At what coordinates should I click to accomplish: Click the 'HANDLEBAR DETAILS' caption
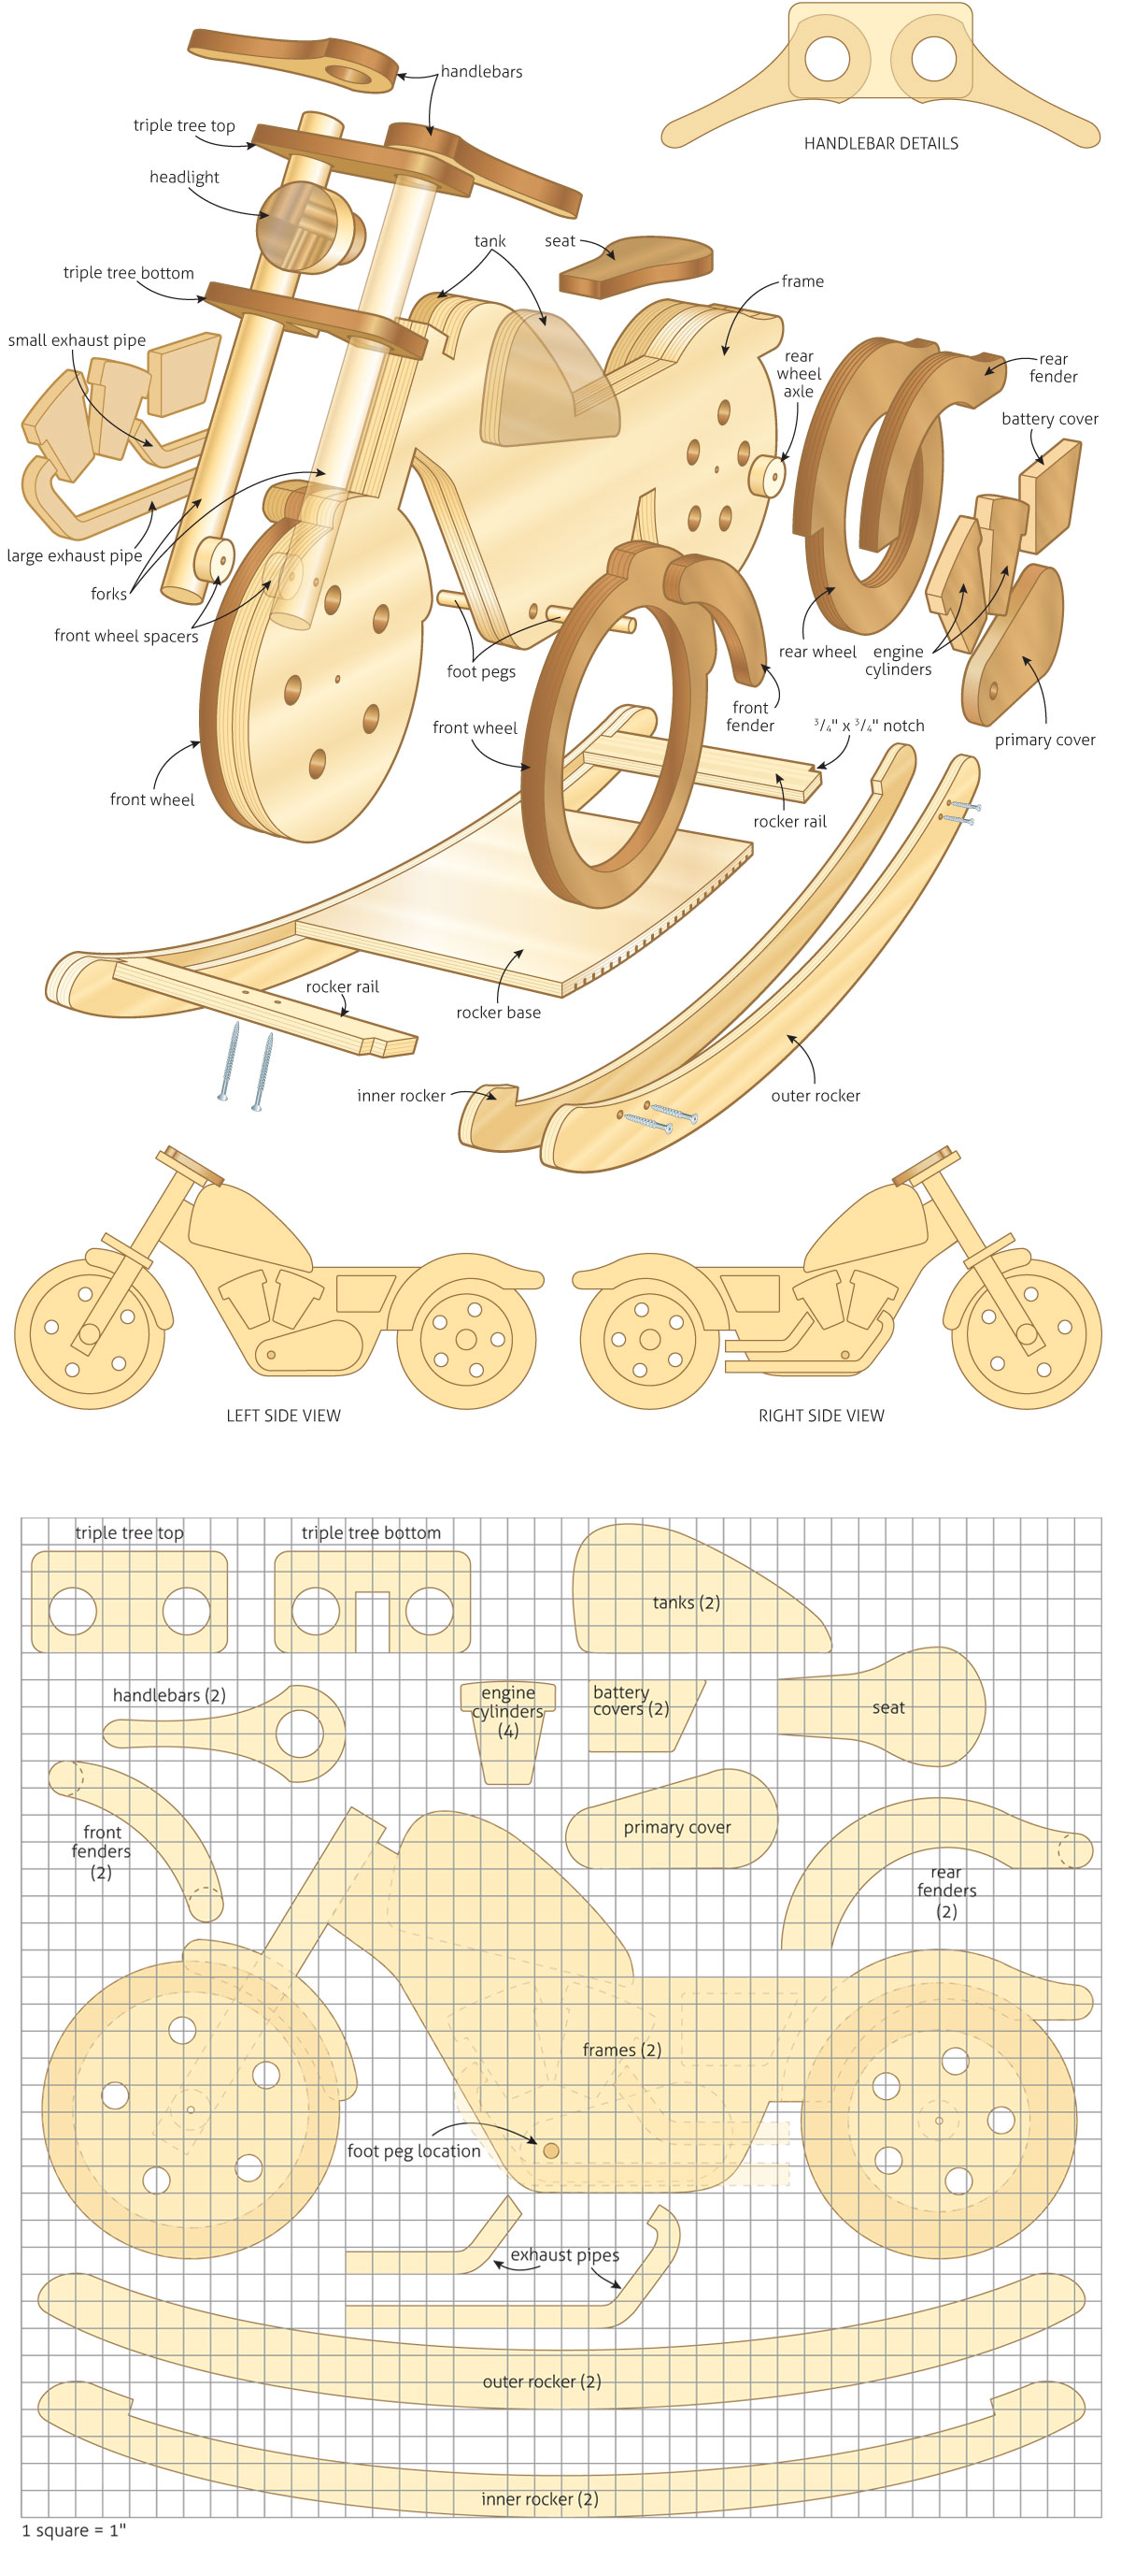click(880, 144)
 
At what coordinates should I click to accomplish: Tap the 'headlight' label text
click(184, 177)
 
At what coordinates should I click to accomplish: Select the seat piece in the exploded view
click(635, 265)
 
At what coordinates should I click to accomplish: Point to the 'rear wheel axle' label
click(799, 374)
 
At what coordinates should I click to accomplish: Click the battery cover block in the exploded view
click(1049, 495)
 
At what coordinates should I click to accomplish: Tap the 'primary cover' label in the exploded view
click(1044, 740)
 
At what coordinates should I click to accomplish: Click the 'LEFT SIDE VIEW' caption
click(283, 1416)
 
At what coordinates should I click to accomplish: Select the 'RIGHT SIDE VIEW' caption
click(820, 1416)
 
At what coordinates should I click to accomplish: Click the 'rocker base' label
click(498, 1013)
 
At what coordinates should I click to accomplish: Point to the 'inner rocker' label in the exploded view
click(401, 1096)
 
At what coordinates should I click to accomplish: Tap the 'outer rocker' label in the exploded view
click(816, 1096)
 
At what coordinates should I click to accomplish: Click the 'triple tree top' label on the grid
click(129, 1533)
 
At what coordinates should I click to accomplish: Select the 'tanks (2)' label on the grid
click(686, 1603)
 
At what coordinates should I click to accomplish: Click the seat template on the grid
click(881, 1706)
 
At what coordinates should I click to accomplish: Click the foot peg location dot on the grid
click(550, 2151)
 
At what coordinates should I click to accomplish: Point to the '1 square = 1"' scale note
click(74, 2530)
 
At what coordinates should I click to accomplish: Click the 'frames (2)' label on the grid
click(621, 2050)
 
